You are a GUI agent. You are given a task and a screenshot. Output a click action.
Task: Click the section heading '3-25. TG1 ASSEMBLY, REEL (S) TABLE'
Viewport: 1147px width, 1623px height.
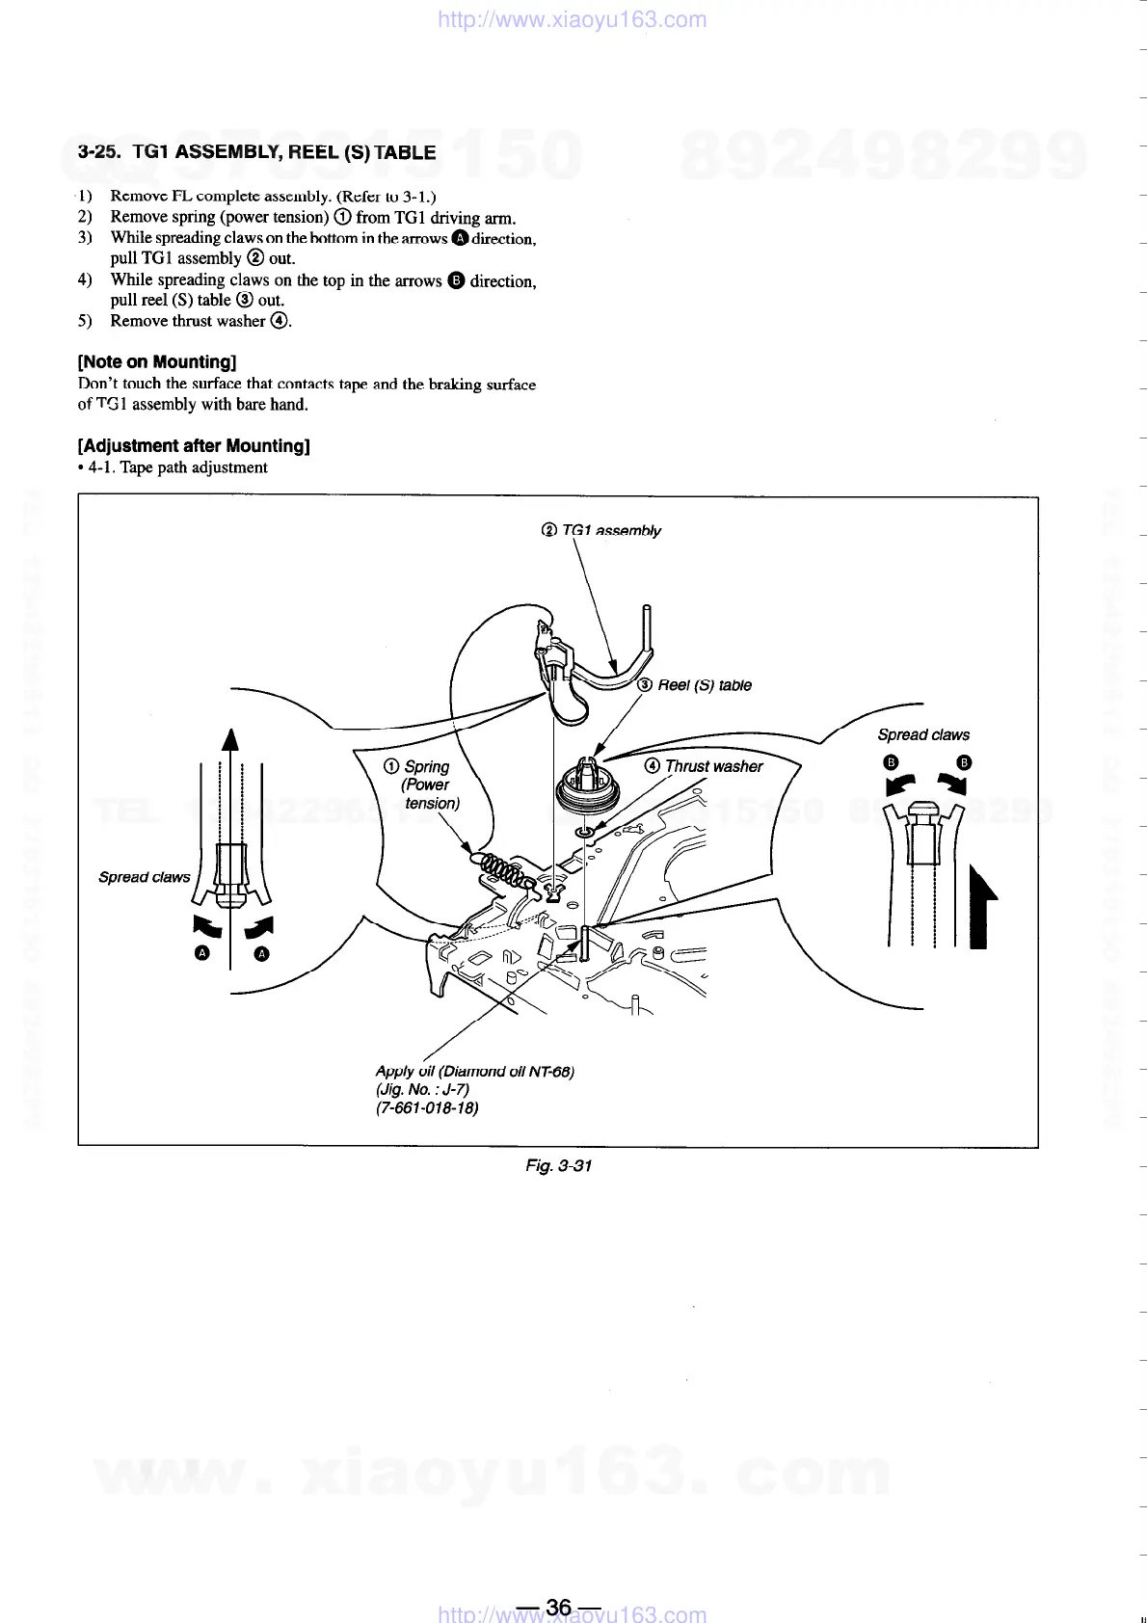pyautogui.click(x=256, y=152)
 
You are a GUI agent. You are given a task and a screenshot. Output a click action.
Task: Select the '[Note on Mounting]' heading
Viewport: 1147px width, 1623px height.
pyautogui.click(x=157, y=362)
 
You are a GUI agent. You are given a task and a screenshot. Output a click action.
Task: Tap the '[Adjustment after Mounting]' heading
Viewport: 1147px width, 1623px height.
pyautogui.click(x=193, y=445)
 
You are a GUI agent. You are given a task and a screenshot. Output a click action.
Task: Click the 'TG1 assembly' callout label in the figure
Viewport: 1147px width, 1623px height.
pyautogui.click(x=601, y=530)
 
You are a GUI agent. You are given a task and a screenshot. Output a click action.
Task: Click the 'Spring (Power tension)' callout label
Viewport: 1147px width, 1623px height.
pyautogui.click(x=424, y=785)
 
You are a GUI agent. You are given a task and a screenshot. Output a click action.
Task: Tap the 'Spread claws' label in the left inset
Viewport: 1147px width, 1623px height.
pyautogui.click(x=144, y=877)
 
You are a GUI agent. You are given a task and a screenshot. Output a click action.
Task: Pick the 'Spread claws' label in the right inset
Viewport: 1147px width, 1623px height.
pyautogui.click(x=922, y=734)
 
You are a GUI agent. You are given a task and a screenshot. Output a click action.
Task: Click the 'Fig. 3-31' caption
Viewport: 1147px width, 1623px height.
pyautogui.click(x=558, y=1165)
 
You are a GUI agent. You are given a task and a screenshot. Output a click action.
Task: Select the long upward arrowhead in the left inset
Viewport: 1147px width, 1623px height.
pyautogui.click(x=229, y=739)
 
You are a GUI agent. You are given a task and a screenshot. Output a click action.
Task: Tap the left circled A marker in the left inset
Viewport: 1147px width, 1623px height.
pyautogui.click(x=201, y=954)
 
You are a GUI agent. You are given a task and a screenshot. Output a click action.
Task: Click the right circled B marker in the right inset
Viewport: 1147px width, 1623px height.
pyautogui.click(x=964, y=763)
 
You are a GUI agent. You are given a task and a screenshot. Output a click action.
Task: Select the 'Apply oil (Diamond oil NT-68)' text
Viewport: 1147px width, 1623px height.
pyautogui.click(x=474, y=1071)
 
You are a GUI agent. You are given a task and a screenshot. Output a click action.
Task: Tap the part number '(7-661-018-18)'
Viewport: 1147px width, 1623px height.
pyautogui.click(x=426, y=1107)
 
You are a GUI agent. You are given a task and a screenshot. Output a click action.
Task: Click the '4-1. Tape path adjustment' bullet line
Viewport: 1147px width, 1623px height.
pyautogui.click(x=173, y=467)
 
